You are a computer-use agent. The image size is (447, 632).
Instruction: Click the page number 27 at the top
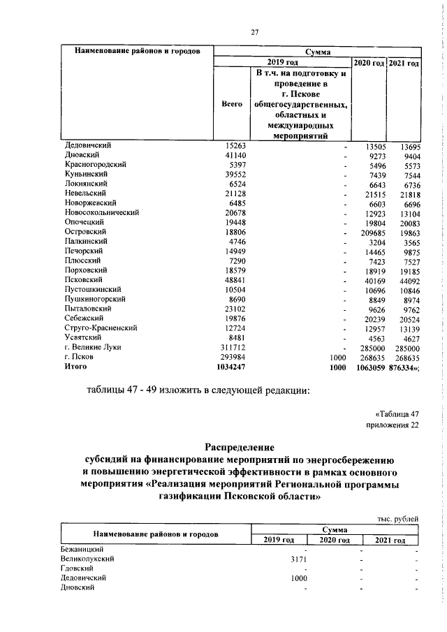point(255,31)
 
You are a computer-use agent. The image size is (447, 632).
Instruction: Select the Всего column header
point(231,103)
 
